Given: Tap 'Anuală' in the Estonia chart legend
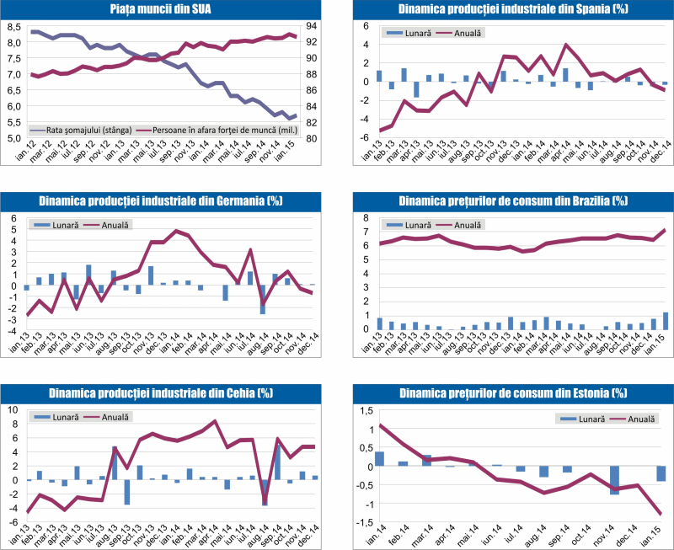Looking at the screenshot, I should tap(639, 418).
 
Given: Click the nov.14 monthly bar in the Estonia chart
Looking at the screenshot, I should tap(615, 479).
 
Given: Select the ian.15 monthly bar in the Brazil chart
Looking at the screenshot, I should tap(666, 321).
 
